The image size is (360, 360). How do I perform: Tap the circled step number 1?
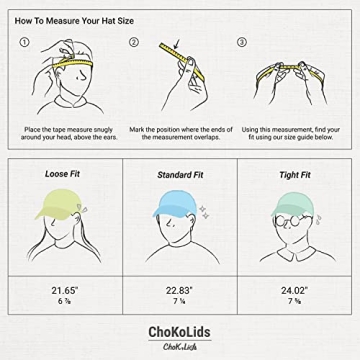coord(25,43)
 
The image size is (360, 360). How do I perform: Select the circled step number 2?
coord(133,43)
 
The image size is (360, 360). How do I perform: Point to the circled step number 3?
coord(241,43)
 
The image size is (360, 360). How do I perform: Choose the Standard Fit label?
coord(180,174)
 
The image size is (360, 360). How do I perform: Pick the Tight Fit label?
coord(294,174)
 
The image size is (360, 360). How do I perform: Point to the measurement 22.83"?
coord(179,291)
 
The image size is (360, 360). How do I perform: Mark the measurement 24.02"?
coord(294,291)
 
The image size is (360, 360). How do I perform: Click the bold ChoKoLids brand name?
coord(179,330)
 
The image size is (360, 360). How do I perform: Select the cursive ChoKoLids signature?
coord(179,346)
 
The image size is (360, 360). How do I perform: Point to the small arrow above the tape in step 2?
coord(176,43)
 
